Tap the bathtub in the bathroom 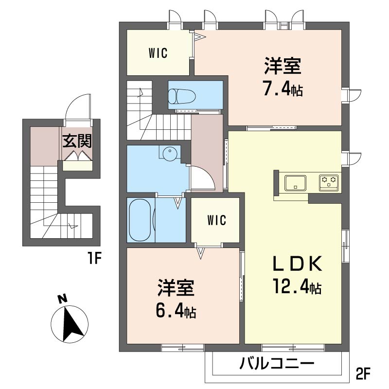coord(140,220)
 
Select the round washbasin coord(170,152)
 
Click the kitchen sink coord(295,183)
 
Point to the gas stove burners coord(329,181)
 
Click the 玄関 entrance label coord(77,141)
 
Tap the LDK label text coord(298,264)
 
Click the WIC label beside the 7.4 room coord(158,53)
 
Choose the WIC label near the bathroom coord(216,220)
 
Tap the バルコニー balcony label coord(277,364)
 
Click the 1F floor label coord(94,259)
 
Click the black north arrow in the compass coord(72,324)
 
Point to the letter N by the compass coord(63,299)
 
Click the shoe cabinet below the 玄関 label coord(77,166)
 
